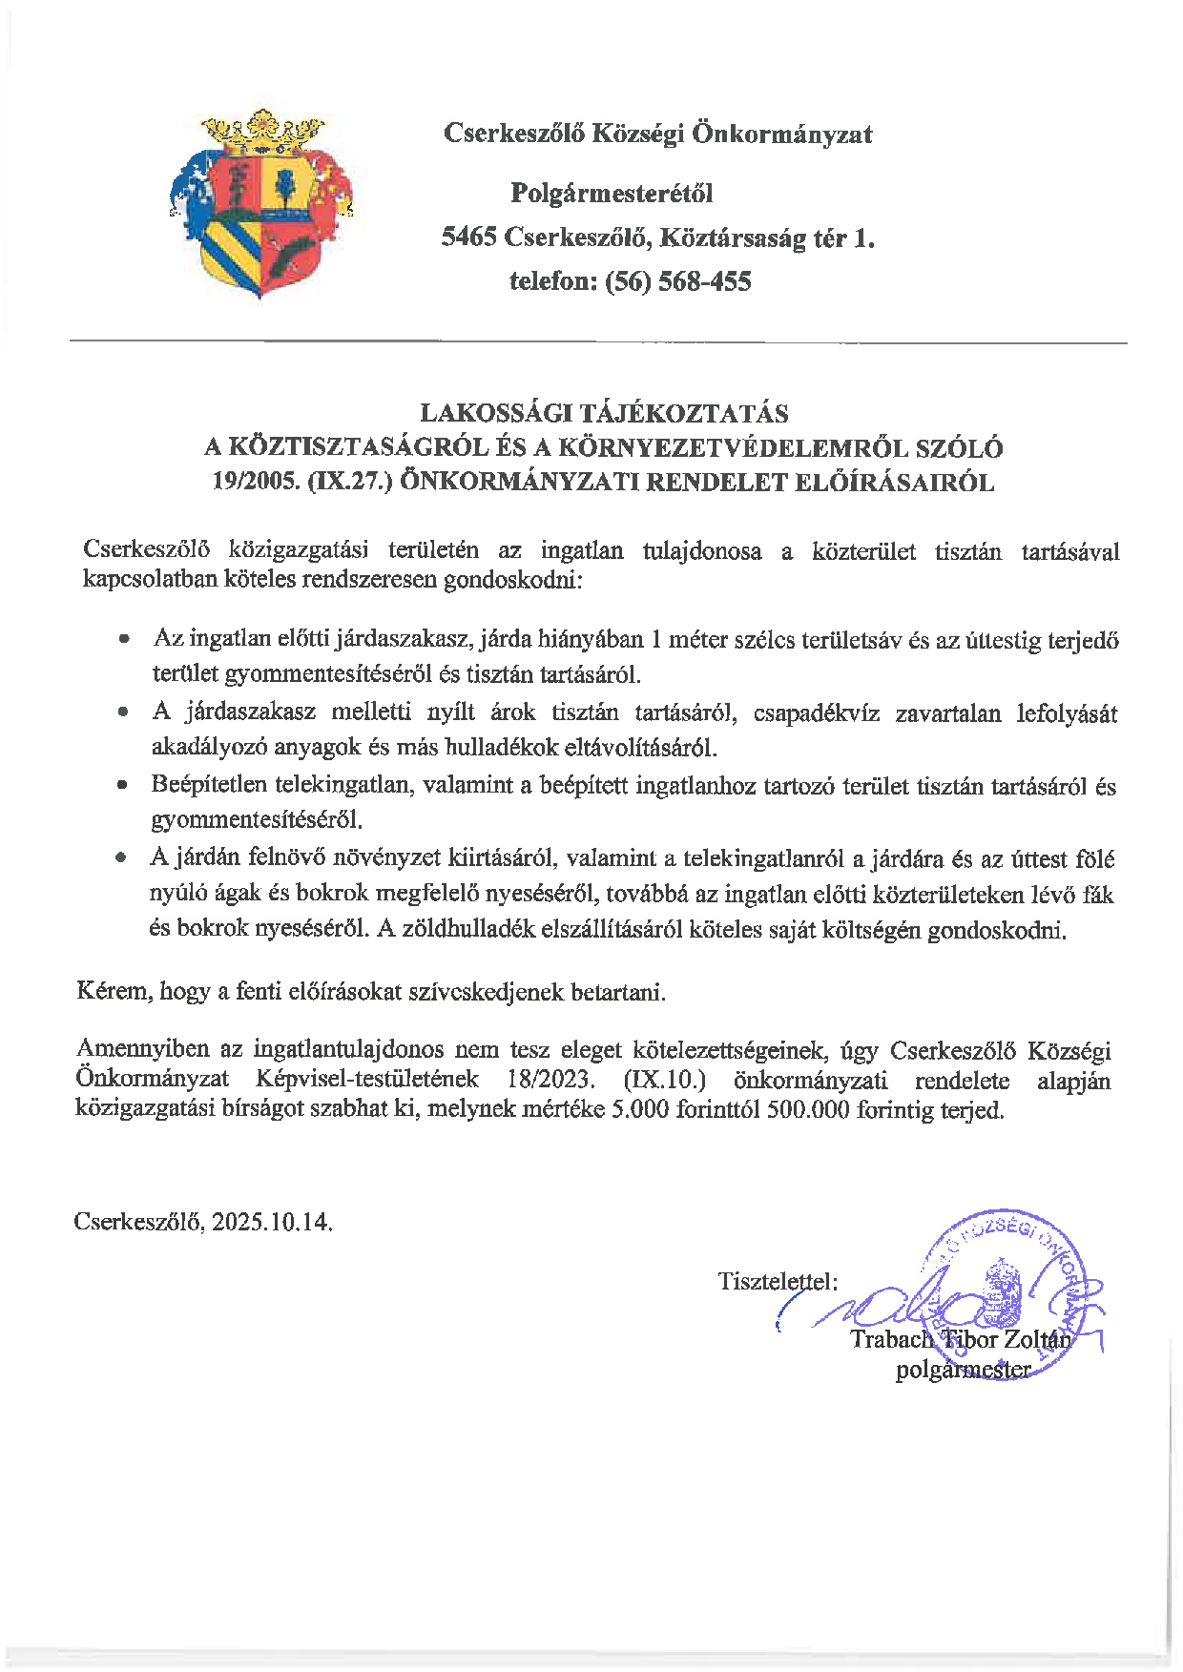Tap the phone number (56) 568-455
tap(678, 281)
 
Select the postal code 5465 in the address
tap(468, 237)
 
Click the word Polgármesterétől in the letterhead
tap(612, 194)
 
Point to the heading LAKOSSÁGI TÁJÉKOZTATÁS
tap(604, 413)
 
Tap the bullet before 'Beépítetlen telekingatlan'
tap(122, 787)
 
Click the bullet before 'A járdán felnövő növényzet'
tap(121, 858)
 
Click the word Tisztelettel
tap(777, 1280)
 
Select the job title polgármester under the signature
tap(963, 1371)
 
